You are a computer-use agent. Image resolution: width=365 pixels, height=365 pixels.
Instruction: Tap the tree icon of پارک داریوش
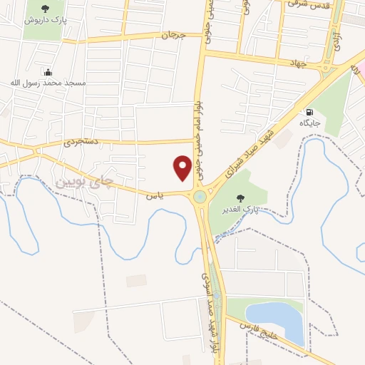(46, 9)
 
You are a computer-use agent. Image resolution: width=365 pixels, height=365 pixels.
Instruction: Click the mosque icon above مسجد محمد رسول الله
(48, 72)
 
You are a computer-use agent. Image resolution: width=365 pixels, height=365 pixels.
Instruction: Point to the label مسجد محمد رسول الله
(48, 83)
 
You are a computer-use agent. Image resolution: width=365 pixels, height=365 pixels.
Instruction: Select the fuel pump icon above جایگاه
(309, 112)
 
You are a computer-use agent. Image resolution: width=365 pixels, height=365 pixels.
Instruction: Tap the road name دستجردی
(78, 141)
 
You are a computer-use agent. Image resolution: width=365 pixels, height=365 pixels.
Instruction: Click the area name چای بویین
(84, 182)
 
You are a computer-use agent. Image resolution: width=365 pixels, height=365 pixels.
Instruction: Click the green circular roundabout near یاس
(200, 197)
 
